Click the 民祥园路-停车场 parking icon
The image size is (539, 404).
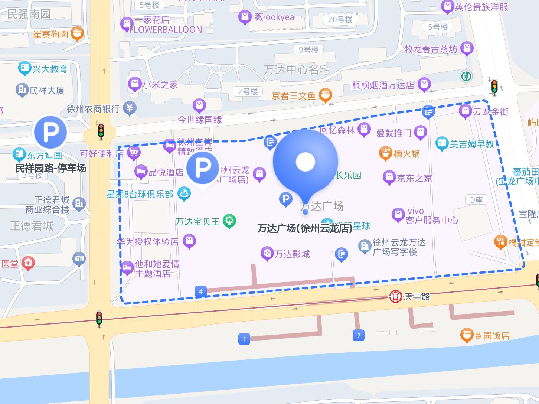pos(50,132)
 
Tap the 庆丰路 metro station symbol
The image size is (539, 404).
pos(395,296)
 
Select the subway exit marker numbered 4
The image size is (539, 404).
pos(200,291)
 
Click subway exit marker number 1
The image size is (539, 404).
pos(244,339)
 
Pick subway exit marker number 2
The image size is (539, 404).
pos(359,336)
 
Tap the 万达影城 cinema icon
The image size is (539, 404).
pos(267,254)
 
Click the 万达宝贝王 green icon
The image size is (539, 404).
pos(229,222)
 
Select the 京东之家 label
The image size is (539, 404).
pos(415,178)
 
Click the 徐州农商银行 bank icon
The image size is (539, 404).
pos(130,108)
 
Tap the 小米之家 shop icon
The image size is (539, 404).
pos(134,84)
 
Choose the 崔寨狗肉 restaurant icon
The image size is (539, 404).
pos(77,34)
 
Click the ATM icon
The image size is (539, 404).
pos(79,259)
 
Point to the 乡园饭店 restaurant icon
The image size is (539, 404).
pos(467,335)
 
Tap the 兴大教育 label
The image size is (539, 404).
pos(50,69)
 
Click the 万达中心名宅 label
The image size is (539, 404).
pos(297,70)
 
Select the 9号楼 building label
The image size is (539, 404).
pos(308,50)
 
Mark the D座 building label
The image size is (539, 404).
pos(476,200)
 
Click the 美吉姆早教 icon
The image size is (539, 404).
pos(442,144)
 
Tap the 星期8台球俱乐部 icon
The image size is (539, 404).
pos(184,193)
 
